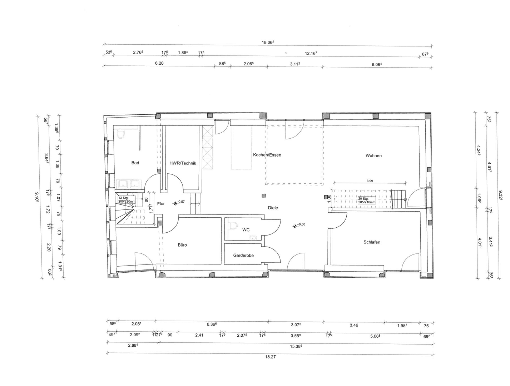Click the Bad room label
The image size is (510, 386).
(x=135, y=163)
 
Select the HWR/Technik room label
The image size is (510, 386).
(x=183, y=163)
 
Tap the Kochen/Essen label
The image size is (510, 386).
(x=267, y=155)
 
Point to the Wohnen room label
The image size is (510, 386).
(x=373, y=156)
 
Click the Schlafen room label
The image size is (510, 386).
(x=372, y=242)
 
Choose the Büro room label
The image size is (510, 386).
(x=182, y=245)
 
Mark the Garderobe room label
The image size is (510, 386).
(x=243, y=256)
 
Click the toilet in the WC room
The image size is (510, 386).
(x=234, y=226)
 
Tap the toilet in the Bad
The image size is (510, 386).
(x=121, y=134)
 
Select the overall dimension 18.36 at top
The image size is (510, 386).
(x=267, y=42)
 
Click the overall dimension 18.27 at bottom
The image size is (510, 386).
(x=271, y=357)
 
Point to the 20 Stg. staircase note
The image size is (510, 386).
(x=367, y=200)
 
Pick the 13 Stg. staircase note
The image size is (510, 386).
(x=127, y=199)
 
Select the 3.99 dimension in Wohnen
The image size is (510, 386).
(x=370, y=181)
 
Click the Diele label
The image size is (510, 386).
(x=273, y=208)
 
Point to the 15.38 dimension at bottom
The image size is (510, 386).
(x=297, y=346)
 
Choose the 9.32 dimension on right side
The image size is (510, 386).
(x=501, y=195)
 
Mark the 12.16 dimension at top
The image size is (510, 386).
(x=311, y=53)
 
